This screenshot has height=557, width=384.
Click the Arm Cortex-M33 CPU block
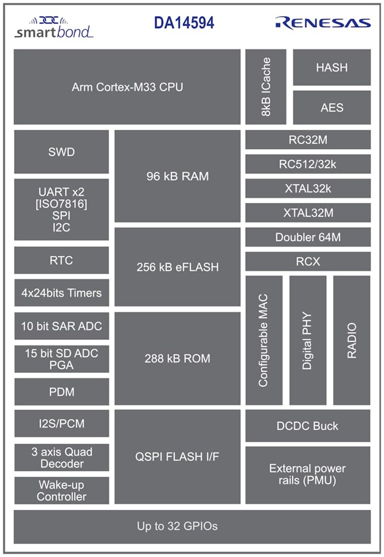[127, 87]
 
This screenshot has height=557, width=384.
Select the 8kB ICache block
[265, 87]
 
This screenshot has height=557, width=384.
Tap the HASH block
[331, 67]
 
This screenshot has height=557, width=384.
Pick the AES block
[331, 107]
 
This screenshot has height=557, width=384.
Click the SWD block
[61, 152]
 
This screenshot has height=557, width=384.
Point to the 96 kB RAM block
[177, 176]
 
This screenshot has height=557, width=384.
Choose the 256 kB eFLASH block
[177, 267]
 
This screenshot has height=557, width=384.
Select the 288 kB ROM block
[177, 359]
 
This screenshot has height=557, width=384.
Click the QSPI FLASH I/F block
[177, 457]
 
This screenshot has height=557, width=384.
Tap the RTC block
[61, 260]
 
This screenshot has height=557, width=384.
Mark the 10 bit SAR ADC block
[61, 326]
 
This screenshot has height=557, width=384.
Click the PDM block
[61, 392]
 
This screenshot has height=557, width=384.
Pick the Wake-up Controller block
[61, 491]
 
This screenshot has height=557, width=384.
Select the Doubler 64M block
[308, 237]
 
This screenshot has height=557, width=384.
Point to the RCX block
[308, 261]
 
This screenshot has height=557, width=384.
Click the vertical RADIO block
[352, 340]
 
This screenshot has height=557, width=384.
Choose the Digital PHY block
[308, 340]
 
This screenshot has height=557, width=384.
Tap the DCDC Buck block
[308, 426]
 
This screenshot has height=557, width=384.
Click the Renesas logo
[323, 22]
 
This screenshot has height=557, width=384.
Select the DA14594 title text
[184, 23]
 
